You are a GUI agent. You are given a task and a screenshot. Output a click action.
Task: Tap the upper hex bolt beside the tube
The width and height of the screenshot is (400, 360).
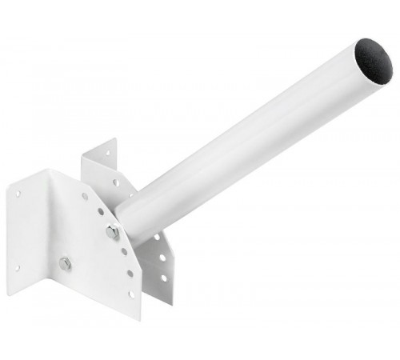pos(112,232)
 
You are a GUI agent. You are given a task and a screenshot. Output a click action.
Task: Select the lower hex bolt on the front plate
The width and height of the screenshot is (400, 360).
pos(65,263)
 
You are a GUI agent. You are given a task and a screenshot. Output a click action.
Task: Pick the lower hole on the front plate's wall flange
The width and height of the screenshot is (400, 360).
pos(17,268)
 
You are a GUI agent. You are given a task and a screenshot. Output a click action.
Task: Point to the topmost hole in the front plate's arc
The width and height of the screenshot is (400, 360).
pos(85,194)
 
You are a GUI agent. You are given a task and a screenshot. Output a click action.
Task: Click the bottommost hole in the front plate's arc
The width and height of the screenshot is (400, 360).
pos(132,294)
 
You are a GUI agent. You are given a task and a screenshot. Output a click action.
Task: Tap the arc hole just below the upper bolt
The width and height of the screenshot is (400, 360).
pos(122,251)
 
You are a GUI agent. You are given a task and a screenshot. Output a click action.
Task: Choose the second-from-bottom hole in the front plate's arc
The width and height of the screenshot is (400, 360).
pos(130,273)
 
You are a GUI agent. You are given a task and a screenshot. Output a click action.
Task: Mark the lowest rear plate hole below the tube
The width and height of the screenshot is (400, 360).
pos(163,278)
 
